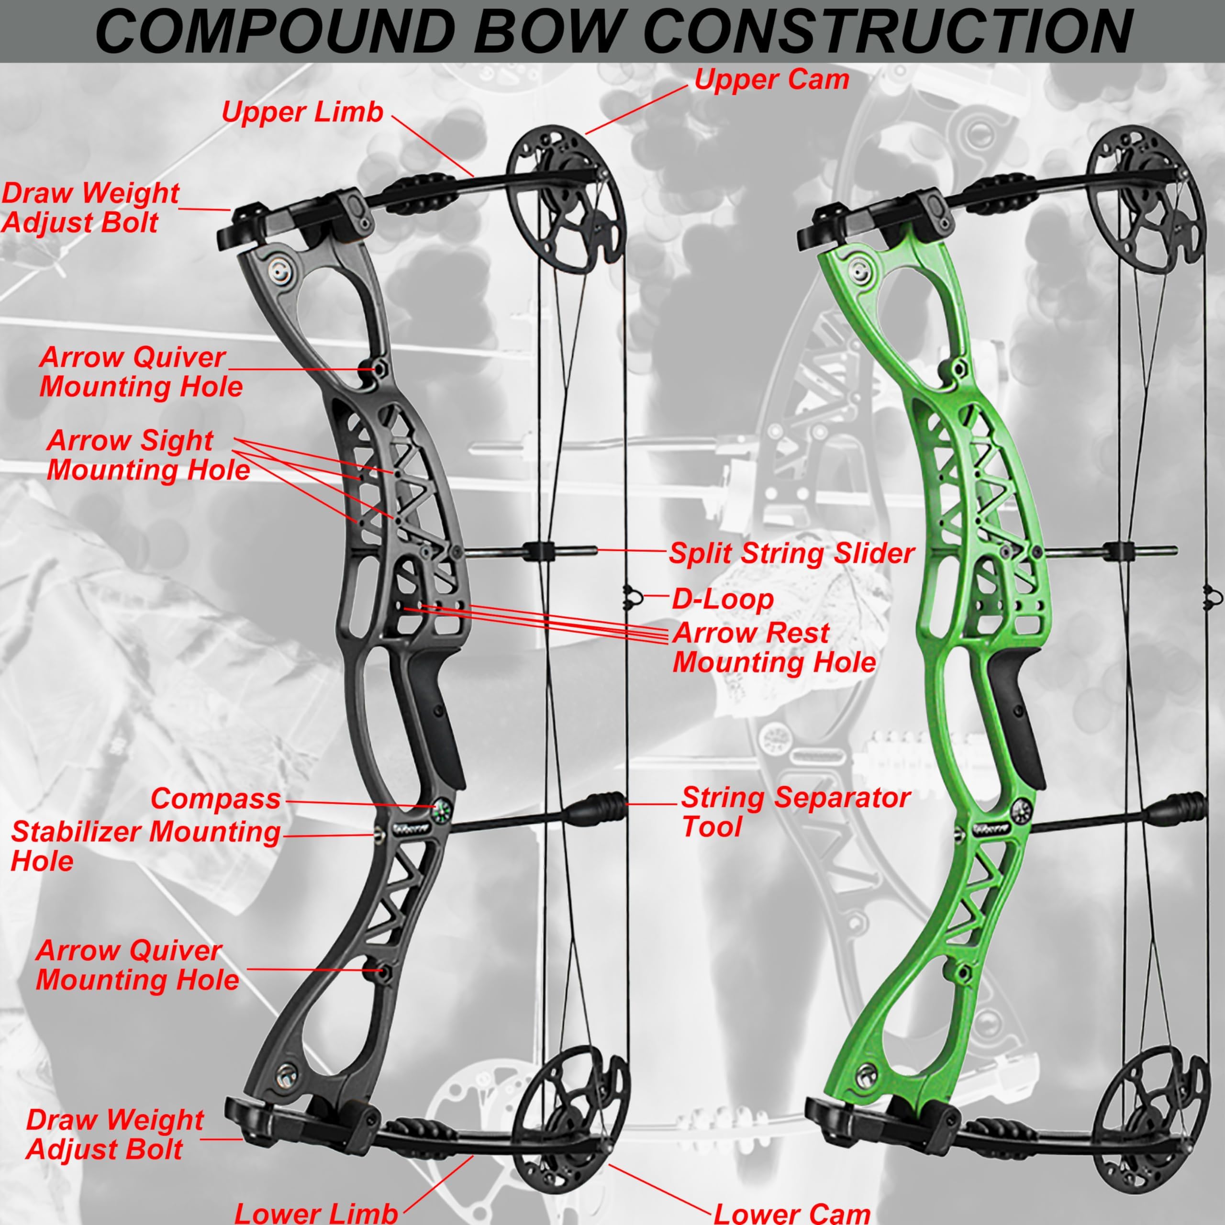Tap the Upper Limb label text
point(302,113)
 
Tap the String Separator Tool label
point(796,812)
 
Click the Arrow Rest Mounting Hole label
point(774,647)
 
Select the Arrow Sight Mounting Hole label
point(148,455)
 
